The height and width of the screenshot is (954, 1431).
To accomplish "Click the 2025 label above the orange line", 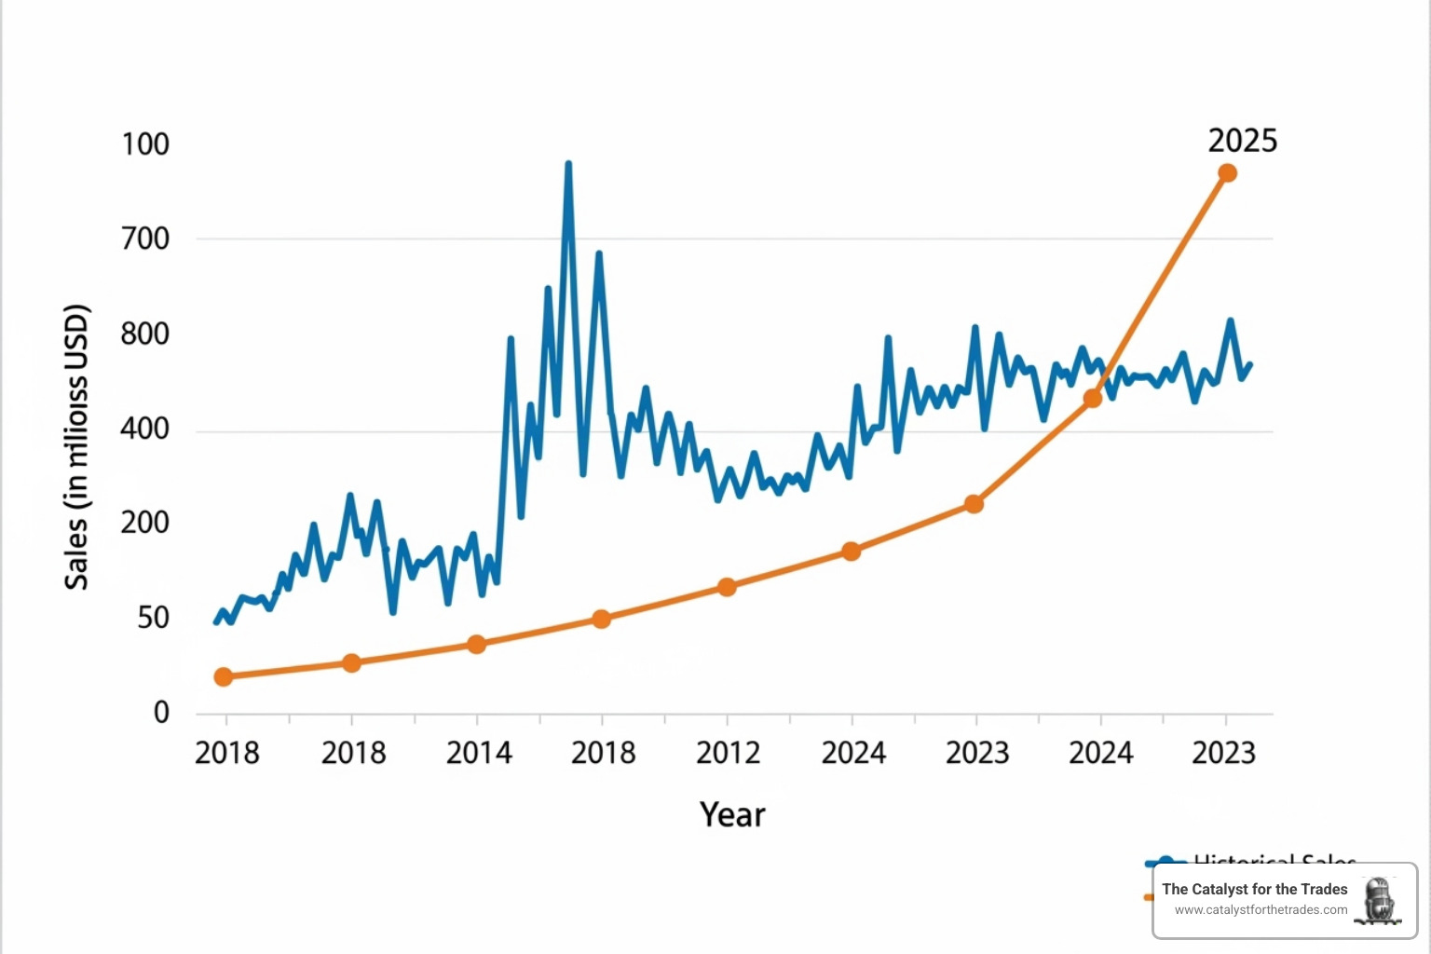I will click(1242, 141).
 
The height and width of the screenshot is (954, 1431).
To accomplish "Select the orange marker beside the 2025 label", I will click(1227, 173).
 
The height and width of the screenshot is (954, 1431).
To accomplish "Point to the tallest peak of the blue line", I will click(568, 165).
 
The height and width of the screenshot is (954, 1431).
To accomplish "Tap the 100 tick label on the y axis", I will click(145, 144).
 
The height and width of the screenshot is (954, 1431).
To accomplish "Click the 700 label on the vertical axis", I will click(145, 238).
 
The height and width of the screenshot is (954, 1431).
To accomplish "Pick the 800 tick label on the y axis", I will click(145, 334).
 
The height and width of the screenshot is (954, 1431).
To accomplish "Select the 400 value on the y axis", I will click(145, 429).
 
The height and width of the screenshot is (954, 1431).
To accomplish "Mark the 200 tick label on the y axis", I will click(145, 523).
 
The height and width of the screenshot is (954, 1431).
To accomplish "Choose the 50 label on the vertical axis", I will click(154, 618).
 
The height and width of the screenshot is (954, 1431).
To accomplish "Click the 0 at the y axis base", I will click(162, 713).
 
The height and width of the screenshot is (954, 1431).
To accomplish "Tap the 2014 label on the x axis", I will click(479, 753).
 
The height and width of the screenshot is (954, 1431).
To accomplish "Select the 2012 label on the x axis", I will click(728, 753).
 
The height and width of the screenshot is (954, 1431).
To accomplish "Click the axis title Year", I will click(732, 815).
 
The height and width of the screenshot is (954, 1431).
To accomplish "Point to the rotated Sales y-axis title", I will click(76, 447).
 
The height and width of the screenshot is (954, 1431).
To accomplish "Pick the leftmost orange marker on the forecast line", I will click(224, 676).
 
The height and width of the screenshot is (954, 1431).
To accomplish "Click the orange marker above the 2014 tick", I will click(476, 644).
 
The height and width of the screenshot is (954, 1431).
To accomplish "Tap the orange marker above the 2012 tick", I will click(727, 587).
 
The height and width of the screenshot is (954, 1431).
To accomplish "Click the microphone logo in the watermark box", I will click(1379, 900).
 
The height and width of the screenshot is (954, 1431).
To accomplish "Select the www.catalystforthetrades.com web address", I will click(1261, 910).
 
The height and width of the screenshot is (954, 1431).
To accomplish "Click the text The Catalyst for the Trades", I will click(1254, 890).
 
